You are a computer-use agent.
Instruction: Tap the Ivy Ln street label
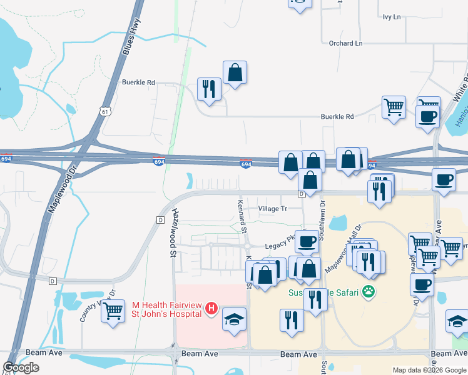click(x=392, y=17)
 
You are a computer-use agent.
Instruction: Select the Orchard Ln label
click(x=345, y=43)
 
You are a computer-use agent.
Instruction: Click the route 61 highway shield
click(x=104, y=111)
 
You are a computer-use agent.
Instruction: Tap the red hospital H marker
click(x=211, y=308)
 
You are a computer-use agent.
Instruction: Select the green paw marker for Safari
click(x=370, y=291)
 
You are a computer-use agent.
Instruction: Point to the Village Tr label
click(x=273, y=209)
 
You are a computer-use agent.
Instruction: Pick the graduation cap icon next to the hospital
click(x=234, y=319)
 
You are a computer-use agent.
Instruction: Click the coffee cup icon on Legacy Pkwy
click(x=307, y=241)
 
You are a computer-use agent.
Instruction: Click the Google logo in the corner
click(x=21, y=367)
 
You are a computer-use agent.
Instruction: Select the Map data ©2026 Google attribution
click(x=430, y=370)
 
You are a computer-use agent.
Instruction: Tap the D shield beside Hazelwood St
click(x=160, y=220)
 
